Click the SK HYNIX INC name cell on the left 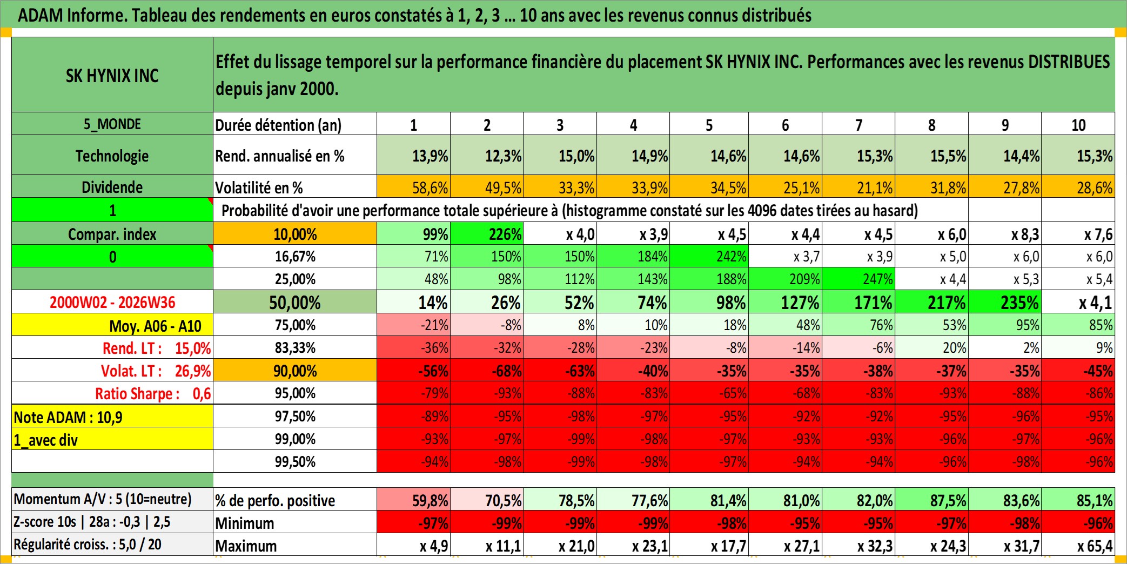pos(112,75)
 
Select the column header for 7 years pos(858,124)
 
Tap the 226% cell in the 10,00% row pos(487,234)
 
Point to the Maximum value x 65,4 pos(1078,545)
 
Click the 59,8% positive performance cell pos(414,500)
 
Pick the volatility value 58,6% pos(414,187)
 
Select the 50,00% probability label pos(295,302)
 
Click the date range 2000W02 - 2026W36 pos(112,302)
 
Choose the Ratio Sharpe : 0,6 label pos(153,393)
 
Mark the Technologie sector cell pos(112,156)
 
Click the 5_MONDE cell pos(112,124)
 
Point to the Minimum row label pos(245,523)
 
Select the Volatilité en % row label pos(259,187)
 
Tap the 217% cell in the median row pos(931,302)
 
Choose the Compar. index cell pos(112,234)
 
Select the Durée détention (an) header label pos(278,125)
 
